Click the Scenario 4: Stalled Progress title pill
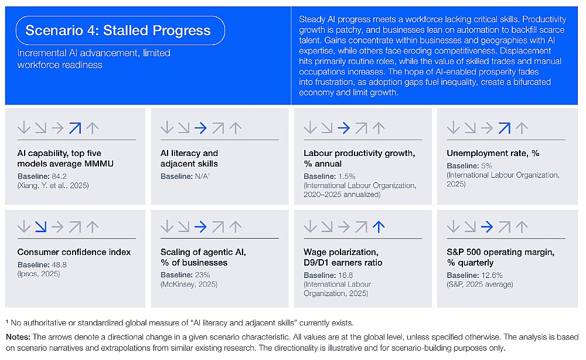pyautogui.click(x=120, y=30)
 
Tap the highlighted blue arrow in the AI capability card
pyautogui.click(x=75, y=128)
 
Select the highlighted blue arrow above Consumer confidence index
pyautogui.click(x=41, y=227)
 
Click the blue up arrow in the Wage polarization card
pyautogui.click(x=379, y=227)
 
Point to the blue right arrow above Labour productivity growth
pyautogui.click(x=344, y=128)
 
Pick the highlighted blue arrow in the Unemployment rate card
pyautogui.click(x=504, y=128)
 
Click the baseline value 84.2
pyautogui.click(x=59, y=176)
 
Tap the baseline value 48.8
pyautogui.click(x=59, y=264)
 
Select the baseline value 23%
pyautogui.click(x=202, y=275)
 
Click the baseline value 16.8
pyautogui.click(x=345, y=275)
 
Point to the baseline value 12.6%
pyautogui.click(x=492, y=275)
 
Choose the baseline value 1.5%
pyautogui.click(x=346, y=176)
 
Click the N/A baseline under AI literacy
pyautogui.click(x=202, y=176)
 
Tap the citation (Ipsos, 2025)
pyautogui.click(x=39, y=274)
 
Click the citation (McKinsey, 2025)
pyautogui.click(x=189, y=284)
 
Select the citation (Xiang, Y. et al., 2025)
pyautogui.click(x=53, y=185)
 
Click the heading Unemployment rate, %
pyautogui.click(x=493, y=153)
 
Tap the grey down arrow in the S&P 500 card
pyautogui.click(x=454, y=226)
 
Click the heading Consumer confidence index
pyautogui.click(x=74, y=252)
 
